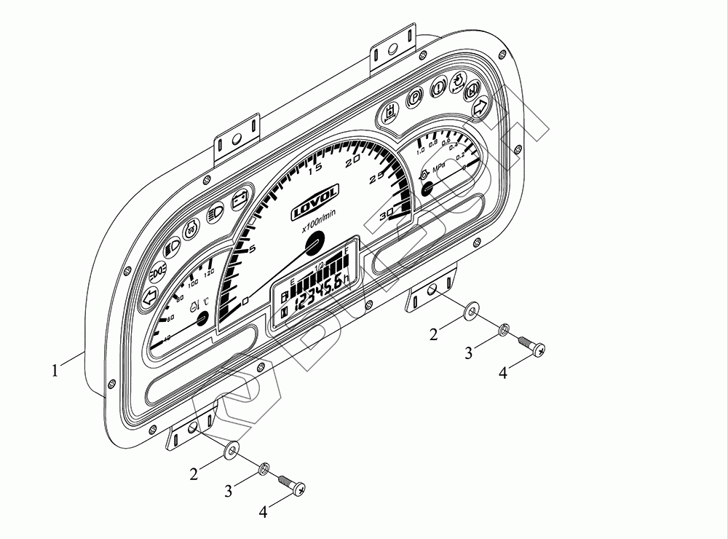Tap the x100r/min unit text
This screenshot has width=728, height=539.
pyautogui.click(x=319, y=220)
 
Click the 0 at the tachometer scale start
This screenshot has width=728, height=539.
pyautogui.click(x=245, y=299)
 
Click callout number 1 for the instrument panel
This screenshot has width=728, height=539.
pyautogui.click(x=55, y=370)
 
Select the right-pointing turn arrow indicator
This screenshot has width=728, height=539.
pyautogui.click(x=479, y=107)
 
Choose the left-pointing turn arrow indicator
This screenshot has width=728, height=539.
pyautogui.click(x=149, y=296)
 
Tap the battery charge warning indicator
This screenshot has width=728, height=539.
pyautogui.click(x=238, y=201)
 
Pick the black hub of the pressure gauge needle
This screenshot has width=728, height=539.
pyautogui.click(x=427, y=189)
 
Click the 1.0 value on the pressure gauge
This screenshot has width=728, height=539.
pyautogui.click(x=421, y=152)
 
